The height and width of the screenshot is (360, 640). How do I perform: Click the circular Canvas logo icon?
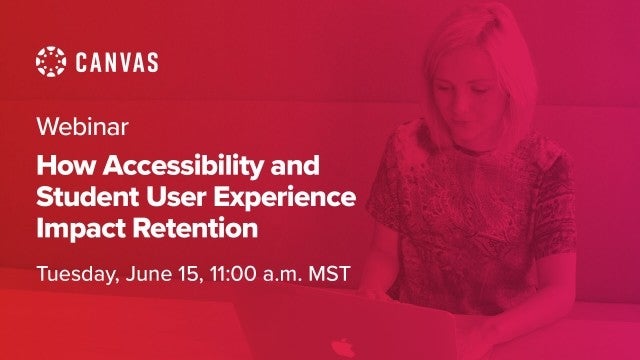[x=52, y=62]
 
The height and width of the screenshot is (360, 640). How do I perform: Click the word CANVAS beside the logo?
[x=115, y=62]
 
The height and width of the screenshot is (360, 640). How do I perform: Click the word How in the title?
[x=60, y=161]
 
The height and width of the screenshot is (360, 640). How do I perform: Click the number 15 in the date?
[x=199, y=273]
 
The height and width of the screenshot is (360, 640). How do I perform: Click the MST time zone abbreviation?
[x=331, y=273]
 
